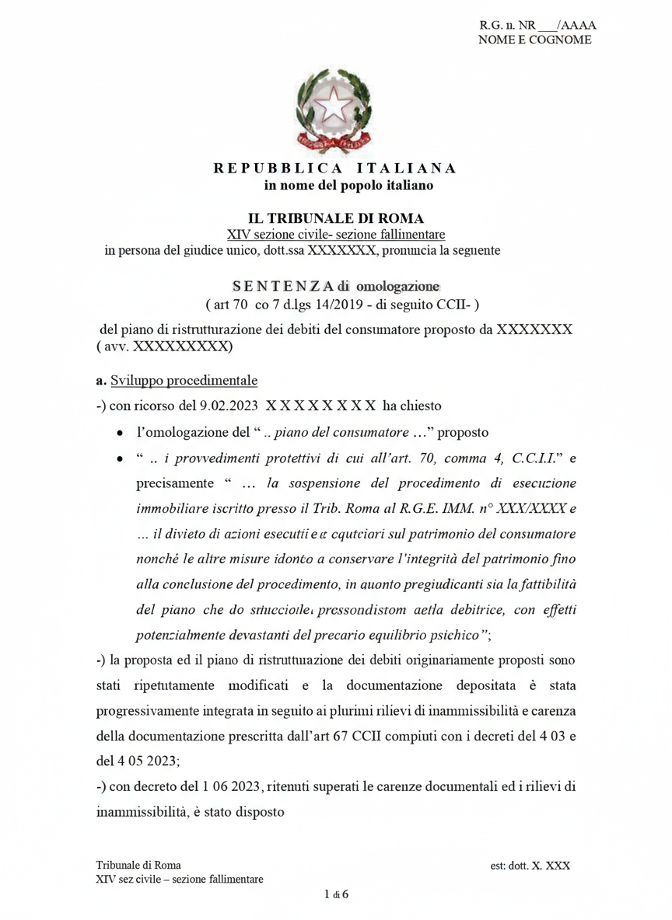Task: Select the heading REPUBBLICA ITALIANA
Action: point(335,168)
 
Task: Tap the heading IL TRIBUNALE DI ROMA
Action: point(335,219)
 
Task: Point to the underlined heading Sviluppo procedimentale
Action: point(184,381)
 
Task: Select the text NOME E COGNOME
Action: point(534,40)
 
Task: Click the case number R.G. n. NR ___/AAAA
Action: point(537,26)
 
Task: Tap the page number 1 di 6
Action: point(336,894)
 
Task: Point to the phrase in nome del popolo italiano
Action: point(348,186)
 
